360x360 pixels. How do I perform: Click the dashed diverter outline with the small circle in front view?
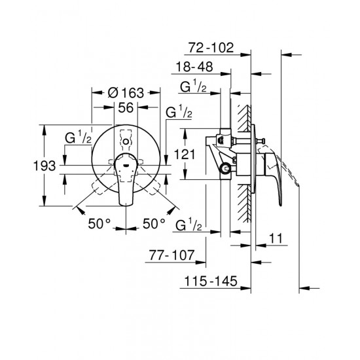(x=125, y=139)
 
